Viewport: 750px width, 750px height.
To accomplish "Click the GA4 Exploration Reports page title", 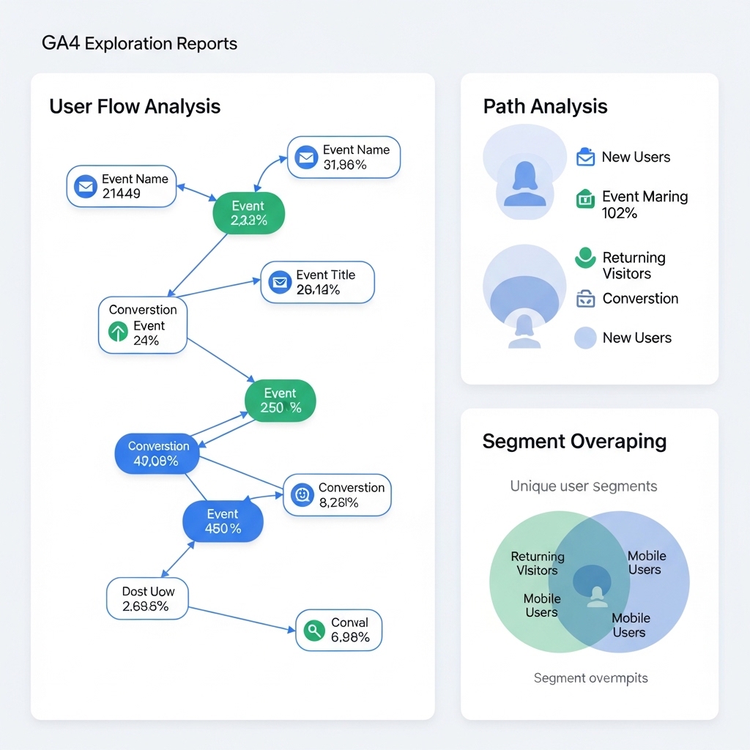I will (139, 43).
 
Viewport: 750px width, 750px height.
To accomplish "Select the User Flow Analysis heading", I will (135, 106).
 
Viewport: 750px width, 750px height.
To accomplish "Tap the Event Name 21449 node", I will (122, 186).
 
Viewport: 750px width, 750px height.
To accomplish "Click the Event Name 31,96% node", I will (344, 157).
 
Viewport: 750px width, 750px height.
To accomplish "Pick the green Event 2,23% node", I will (248, 213).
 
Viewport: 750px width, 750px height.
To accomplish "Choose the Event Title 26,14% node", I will (317, 283).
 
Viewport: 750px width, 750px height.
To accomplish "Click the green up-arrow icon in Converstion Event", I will (118, 333).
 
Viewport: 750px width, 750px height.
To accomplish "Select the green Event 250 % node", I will (280, 401).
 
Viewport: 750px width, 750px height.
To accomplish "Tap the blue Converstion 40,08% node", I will (157, 453).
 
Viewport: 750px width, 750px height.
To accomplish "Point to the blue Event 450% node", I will (223, 521).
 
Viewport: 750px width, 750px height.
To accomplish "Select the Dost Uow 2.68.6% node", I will (147, 598).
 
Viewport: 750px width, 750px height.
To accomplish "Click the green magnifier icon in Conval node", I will (313, 630).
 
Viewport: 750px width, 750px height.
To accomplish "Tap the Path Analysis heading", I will (545, 106).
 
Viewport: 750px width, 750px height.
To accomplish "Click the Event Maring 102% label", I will (645, 204).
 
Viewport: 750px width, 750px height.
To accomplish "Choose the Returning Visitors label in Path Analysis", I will (634, 265).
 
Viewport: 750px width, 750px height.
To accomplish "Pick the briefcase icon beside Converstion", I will (585, 299).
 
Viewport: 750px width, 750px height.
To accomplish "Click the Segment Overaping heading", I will (574, 442).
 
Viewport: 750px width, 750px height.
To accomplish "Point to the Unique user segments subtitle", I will (583, 486).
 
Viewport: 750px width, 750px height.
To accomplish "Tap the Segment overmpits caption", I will (590, 678).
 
